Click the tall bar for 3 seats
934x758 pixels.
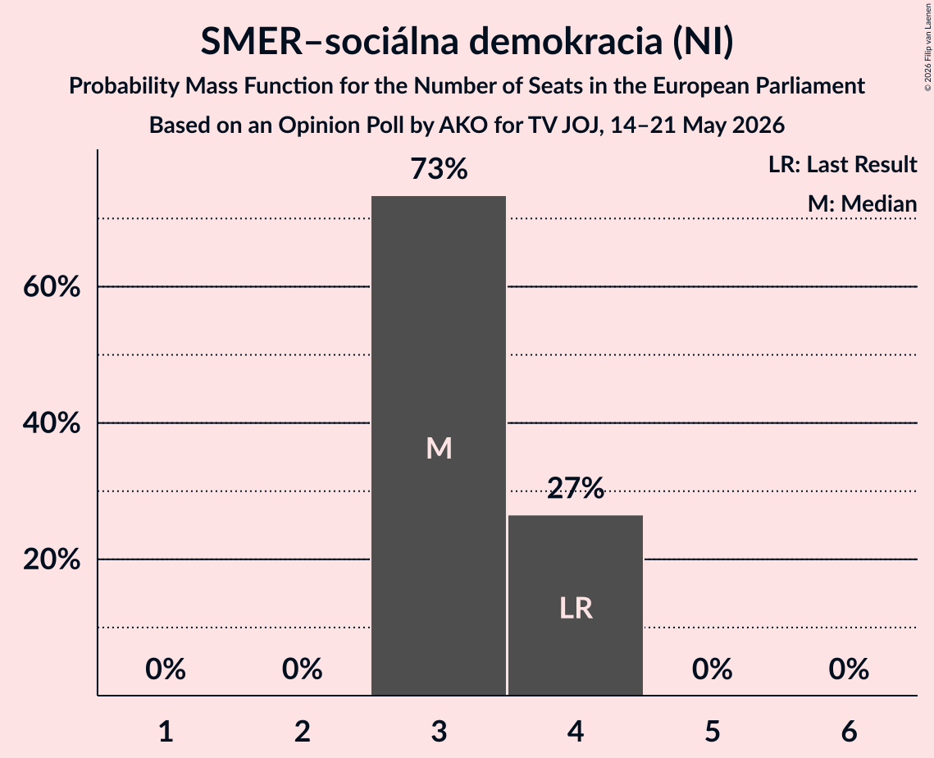pyautogui.click(x=439, y=445)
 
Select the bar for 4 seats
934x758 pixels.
pyautogui.click(x=576, y=605)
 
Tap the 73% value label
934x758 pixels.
pyautogui.click(x=439, y=169)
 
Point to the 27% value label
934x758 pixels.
pyautogui.click(x=576, y=488)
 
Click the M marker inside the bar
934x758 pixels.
pyautogui.click(x=439, y=448)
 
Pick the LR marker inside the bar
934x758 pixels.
pyautogui.click(x=576, y=609)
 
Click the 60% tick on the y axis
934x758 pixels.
pyautogui.click(x=52, y=286)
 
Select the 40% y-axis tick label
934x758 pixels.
pyautogui.click(x=52, y=423)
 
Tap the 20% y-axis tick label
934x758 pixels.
pyautogui.click(x=52, y=559)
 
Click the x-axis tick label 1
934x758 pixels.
pyautogui.click(x=166, y=731)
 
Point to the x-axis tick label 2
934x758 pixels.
pyautogui.click(x=303, y=731)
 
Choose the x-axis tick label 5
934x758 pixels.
pyautogui.click(x=713, y=731)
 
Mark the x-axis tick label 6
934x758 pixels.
pyautogui.click(x=849, y=731)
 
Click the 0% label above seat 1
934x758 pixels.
pyautogui.click(x=166, y=669)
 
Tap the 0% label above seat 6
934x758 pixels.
pyautogui.click(x=849, y=669)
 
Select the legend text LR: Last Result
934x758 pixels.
pyautogui.click(x=842, y=164)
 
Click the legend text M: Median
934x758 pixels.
pyautogui.click(x=862, y=203)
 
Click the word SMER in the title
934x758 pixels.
pyautogui.click(x=252, y=42)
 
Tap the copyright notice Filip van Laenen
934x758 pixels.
pyautogui.click(x=927, y=47)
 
